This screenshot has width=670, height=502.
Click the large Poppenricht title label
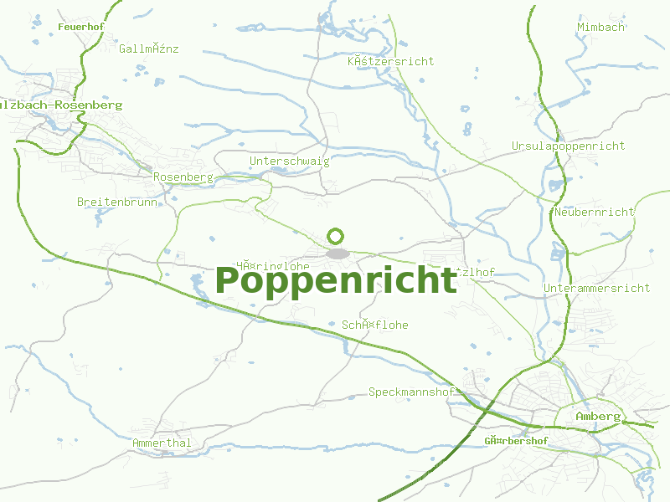pos(336,281)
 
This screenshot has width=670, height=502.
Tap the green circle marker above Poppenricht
pos(336,236)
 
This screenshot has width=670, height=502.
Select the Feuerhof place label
pos(80,28)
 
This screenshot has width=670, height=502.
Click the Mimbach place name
pos(600,28)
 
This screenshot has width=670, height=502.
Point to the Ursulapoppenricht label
pos(568,146)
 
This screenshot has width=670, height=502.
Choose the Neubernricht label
pos(594,213)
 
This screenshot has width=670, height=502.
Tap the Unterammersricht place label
pos(596,289)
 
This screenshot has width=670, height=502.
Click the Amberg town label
pos(598,417)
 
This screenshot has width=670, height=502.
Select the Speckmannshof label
pos(411,392)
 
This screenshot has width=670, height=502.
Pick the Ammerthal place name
pos(162,443)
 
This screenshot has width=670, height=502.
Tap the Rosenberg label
pos(183,177)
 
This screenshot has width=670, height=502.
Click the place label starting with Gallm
pos(149,49)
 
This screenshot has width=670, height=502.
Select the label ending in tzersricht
pos(390,62)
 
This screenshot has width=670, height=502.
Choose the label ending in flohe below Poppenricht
pos(374,325)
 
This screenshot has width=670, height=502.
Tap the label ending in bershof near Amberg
pos(516,441)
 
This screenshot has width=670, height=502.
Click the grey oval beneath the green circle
pos(337,253)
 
